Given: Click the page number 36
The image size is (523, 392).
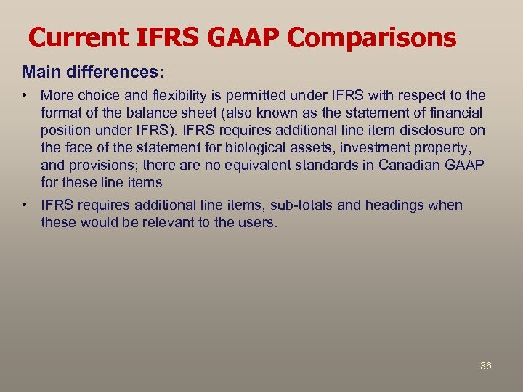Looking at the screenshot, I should [x=486, y=366].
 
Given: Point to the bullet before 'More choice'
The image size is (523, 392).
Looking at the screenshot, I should [x=25, y=96].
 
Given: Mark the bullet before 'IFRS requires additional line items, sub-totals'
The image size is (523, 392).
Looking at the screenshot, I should [x=25, y=205].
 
